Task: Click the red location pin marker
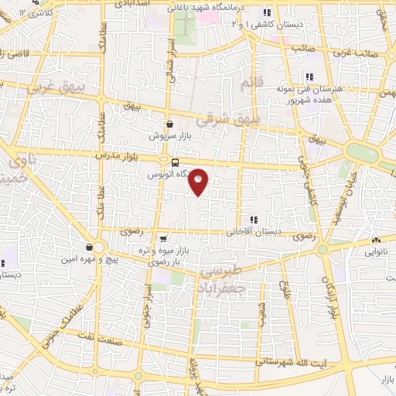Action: pyautogui.click(x=199, y=182)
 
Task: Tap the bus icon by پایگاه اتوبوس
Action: pyautogui.click(x=176, y=162)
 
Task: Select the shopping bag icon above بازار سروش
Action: pyautogui.click(x=170, y=124)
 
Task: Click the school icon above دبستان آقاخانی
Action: pyautogui.click(x=253, y=220)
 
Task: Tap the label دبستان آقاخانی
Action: pyautogui.click(x=253, y=232)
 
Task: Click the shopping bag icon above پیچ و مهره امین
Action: pyautogui.click(x=90, y=247)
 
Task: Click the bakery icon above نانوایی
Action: pyautogui.click(x=375, y=241)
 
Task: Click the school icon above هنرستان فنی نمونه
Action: pyautogui.click(x=309, y=76)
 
